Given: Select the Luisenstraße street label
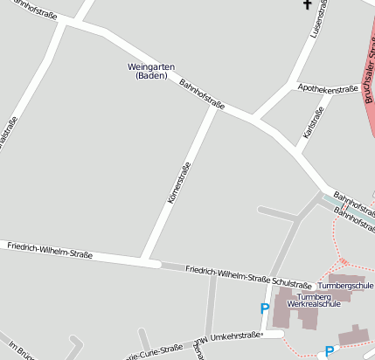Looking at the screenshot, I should pyautogui.click(x=320, y=19).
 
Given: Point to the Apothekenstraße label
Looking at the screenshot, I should pyautogui.click(x=329, y=88).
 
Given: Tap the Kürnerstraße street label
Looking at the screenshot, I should pyautogui.click(x=179, y=182).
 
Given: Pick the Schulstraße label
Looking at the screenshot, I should pyautogui.click(x=292, y=285).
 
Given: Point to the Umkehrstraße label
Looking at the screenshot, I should pyautogui.click(x=236, y=336).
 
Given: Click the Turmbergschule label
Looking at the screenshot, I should pyautogui.click(x=345, y=286).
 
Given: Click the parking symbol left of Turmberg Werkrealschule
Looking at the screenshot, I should pyautogui.click(x=264, y=308).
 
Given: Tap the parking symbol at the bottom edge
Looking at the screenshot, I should pyautogui.click(x=329, y=351).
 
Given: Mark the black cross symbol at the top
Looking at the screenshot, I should pyautogui.click(x=307, y=5).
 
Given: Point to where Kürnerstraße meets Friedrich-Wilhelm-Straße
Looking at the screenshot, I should pyautogui.click(x=145, y=260).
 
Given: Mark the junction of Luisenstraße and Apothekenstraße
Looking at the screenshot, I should pyautogui.click(x=292, y=87).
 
